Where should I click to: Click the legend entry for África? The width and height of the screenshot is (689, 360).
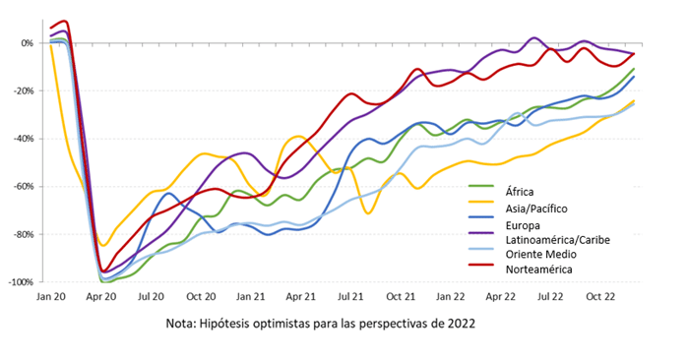click(520, 192)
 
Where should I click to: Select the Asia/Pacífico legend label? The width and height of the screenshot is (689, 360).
click(536, 209)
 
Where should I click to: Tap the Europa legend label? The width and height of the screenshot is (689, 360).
click(523, 225)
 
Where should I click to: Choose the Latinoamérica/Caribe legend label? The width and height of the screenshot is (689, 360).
click(558, 240)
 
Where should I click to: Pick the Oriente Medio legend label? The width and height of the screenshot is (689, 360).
click(541, 254)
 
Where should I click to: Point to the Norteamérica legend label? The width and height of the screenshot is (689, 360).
click(538, 270)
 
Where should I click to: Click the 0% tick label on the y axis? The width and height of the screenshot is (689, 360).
click(27, 43)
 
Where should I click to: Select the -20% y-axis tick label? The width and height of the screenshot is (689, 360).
click(24, 90)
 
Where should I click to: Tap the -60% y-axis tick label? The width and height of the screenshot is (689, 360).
click(24, 186)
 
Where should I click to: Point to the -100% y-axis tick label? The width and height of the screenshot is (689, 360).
click(21, 282)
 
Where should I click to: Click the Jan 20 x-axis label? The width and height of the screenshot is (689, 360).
click(51, 297)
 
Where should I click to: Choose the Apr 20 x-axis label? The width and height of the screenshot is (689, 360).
click(101, 297)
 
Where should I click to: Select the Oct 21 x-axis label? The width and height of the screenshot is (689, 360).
click(401, 297)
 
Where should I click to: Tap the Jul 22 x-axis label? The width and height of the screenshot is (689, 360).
click(550, 297)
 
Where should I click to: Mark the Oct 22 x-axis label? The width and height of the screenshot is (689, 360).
click(600, 297)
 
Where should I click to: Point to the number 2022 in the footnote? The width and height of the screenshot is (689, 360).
click(462, 324)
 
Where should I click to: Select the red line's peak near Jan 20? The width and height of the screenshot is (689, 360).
click(65, 21)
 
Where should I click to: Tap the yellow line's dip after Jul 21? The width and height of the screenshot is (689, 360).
click(368, 213)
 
